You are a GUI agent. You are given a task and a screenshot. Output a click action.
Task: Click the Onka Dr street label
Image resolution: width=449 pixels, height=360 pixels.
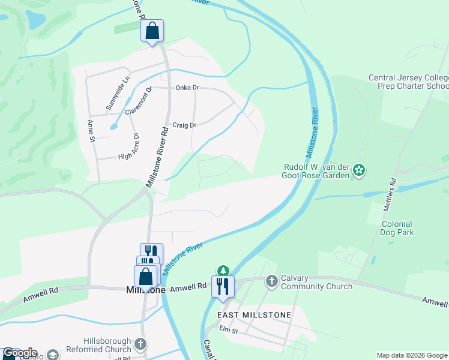pyautogui.click(x=187, y=88)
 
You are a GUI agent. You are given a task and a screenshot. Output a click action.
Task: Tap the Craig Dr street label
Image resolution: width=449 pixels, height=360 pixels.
pyautogui.click(x=184, y=125)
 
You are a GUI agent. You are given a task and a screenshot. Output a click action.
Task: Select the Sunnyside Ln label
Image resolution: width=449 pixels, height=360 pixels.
pyautogui.click(x=118, y=93)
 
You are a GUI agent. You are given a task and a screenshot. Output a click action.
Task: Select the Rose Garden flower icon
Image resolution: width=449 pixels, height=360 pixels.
pyautogui.click(x=359, y=170)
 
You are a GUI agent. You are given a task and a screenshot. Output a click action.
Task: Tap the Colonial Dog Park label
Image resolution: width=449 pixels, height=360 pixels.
pyautogui.click(x=397, y=227)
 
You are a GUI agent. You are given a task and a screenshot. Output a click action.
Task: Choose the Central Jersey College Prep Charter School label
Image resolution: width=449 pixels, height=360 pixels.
pyautogui.click(x=408, y=82)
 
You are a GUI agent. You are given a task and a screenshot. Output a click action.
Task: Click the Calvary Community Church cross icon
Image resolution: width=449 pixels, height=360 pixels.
pyautogui.click(x=271, y=280)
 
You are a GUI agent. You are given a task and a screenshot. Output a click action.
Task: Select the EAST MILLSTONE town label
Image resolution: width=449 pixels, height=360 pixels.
pyautogui.click(x=255, y=314)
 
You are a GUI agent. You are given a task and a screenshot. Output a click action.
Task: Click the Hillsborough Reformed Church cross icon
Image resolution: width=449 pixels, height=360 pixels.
pyautogui.click(x=140, y=344)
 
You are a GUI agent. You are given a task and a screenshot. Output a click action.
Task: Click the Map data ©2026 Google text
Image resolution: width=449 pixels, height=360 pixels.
pyautogui.click(x=412, y=355)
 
